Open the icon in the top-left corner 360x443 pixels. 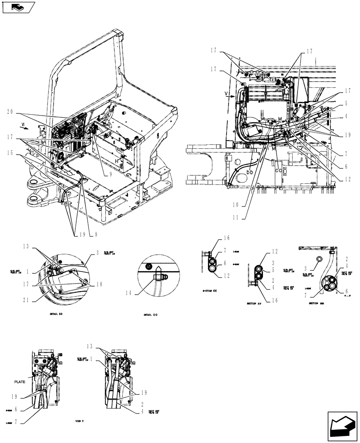[17, 7]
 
